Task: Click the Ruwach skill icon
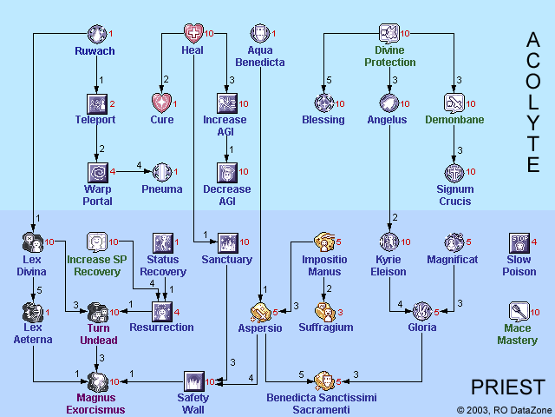(x=98, y=34)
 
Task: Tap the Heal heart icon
(x=193, y=34)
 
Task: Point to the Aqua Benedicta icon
(x=260, y=34)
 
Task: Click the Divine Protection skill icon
(x=389, y=34)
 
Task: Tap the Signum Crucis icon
(x=454, y=172)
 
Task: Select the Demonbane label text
(x=454, y=120)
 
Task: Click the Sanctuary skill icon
(x=227, y=242)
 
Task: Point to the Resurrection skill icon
(x=162, y=311)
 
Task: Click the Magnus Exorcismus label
(x=95, y=403)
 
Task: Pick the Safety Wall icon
(x=194, y=381)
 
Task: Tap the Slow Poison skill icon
(x=519, y=242)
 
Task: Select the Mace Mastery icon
(x=519, y=311)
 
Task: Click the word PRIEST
(x=507, y=387)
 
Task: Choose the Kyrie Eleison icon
(x=388, y=242)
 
